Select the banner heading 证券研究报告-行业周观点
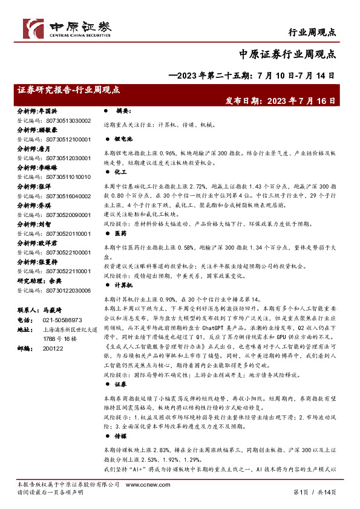click(70, 89)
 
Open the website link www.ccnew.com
click(180, 485)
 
